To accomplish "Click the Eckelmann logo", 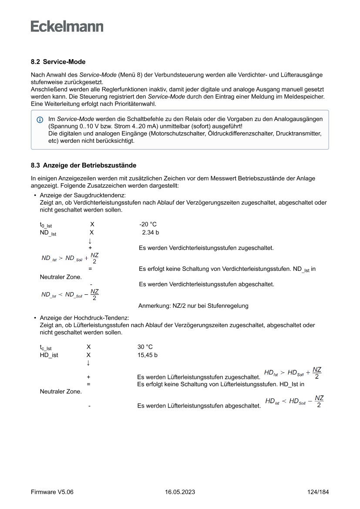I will [67, 27].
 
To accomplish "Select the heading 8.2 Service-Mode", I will [58, 62].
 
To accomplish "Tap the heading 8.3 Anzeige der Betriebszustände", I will [84, 165].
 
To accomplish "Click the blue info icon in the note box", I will [40, 119].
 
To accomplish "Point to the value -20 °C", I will [148, 224].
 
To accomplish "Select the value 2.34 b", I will [151, 233].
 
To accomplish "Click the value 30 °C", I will [145, 347].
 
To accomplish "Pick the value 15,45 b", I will [148, 355].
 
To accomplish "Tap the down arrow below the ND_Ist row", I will [90, 241].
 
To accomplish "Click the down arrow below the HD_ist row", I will [88, 363].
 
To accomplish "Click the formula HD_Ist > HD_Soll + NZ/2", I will [293, 373].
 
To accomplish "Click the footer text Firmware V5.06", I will [52, 492].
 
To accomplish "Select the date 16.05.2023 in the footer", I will [180, 492].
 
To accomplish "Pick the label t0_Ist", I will [46, 225].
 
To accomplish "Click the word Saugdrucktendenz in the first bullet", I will [100, 195].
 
